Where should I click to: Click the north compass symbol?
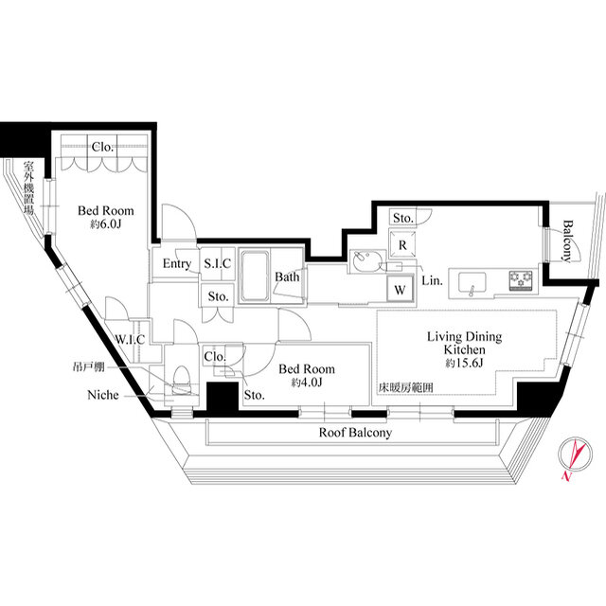click(x=576, y=455)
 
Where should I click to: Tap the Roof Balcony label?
click(x=355, y=433)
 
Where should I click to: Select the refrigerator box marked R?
click(x=402, y=244)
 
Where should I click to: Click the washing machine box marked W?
click(x=401, y=290)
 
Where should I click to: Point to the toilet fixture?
click(x=181, y=381)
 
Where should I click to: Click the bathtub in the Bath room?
click(x=255, y=276)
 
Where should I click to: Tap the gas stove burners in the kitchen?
click(x=521, y=281)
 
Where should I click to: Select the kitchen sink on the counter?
click(x=472, y=283)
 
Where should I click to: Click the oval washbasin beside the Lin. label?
click(x=367, y=261)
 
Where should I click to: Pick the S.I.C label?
click(x=217, y=263)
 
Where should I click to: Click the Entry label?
click(x=177, y=264)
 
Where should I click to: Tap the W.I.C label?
click(x=130, y=339)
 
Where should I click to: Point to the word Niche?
click(x=103, y=395)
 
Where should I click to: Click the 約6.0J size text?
click(x=105, y=223)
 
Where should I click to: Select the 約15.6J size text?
click(x=464, y=363)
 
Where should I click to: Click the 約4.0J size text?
click(x=307, y=383)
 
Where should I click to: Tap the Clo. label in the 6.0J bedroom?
click(x=102, y=147)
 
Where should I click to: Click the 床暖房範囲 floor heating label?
click(x=406, y=387)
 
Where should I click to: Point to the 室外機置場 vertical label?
click(x=29, y=187)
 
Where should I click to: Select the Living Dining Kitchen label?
click(x=464, y=343)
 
